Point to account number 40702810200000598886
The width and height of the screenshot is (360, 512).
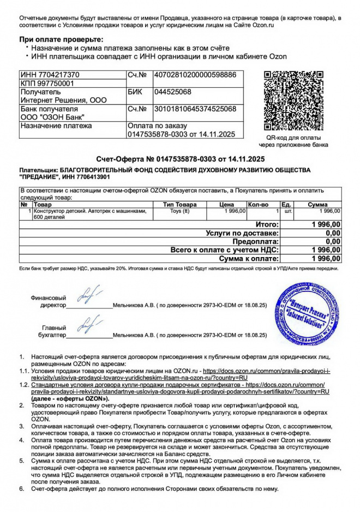pos(195,75)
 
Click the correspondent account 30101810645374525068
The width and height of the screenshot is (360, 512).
pos(195,109)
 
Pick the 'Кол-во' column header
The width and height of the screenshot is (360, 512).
pos(258,204)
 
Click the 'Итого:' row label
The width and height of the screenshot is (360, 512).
pos(267,224)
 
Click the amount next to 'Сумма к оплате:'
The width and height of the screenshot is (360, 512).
pos(326,258)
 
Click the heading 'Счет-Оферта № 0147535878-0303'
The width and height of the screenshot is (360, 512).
pos(180,159)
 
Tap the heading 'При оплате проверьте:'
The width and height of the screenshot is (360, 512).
pos(61,40)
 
